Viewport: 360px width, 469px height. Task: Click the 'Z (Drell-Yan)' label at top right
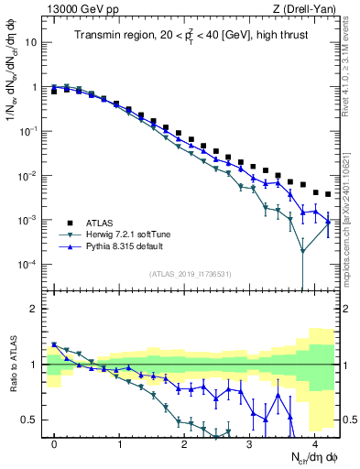[307, 9]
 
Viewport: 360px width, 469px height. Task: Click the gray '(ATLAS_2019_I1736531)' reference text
[190, 274]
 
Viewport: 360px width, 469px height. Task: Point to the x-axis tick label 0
[55, 442]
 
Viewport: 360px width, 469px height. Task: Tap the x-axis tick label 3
[250, 442]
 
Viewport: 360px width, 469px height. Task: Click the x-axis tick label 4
[315, 442]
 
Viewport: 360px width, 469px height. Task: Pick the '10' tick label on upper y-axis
[30, 42]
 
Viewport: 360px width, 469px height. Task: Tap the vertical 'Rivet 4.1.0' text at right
[352, 64]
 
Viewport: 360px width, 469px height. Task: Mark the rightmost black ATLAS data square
[327, 194]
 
